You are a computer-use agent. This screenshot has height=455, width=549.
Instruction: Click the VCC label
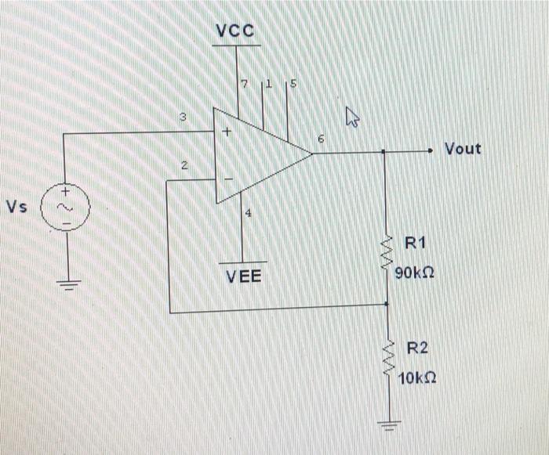tap(235, 31)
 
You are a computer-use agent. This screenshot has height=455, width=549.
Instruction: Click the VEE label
tap(244, 276)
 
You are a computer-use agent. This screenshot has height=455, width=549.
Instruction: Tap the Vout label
tap(463, 148)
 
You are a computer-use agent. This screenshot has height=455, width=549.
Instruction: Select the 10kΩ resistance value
tap(416, 379)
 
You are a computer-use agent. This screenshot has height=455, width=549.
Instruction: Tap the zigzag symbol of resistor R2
tap(386, 359)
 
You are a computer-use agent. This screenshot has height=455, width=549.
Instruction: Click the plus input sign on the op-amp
tap(226, 133)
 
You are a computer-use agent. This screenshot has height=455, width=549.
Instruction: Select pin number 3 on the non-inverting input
tap(182, 118)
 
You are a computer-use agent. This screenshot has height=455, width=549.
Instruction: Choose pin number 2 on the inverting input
tap(184, 166)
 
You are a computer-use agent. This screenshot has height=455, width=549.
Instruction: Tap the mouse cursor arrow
tap(352, 118)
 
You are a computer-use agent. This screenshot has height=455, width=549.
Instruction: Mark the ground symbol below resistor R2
tap(386, 427)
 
